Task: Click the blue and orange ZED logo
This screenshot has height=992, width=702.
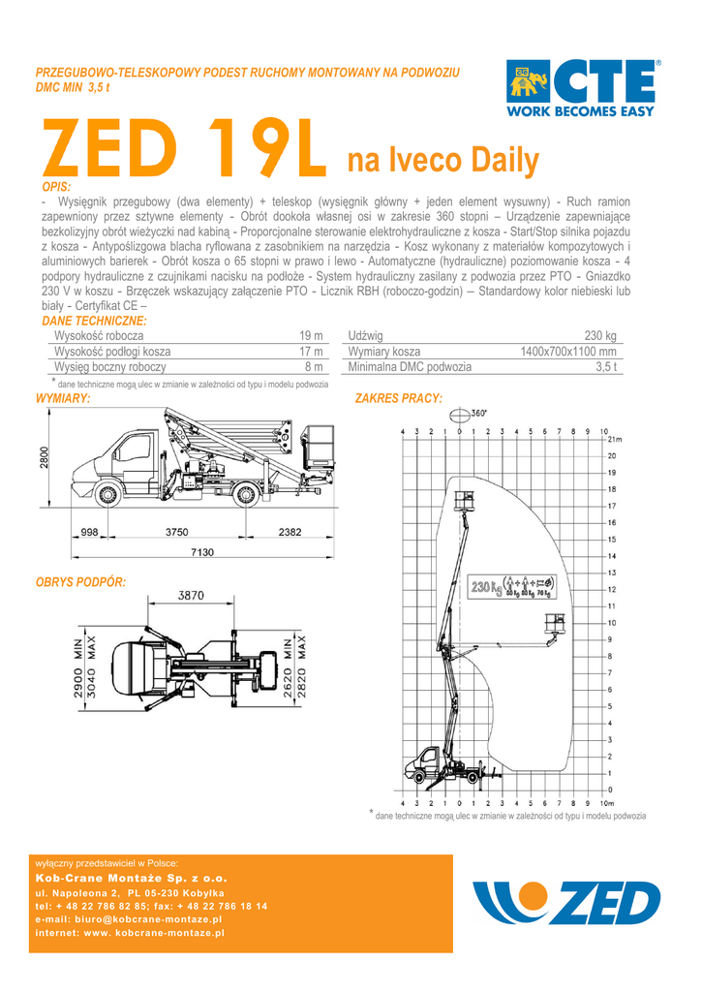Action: pyautogui.click(x=567, y=902)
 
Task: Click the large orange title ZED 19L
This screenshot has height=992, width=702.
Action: pyautogui.click(x=184, y=148)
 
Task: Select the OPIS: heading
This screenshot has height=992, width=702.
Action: pyautogui.click(x=56, y=187)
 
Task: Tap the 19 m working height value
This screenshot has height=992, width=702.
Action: pyautogui.click(x=311, y=335)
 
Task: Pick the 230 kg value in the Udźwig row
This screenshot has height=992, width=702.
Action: pyautogui.click(x=600, y=335)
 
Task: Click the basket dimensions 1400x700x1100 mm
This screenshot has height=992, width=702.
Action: pyautogui.click(x=568, y=351)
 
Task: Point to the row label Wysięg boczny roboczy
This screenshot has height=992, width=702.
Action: pyautogui.click(x=110, y=367)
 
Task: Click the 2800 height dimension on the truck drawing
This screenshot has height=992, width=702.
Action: pyautogui.click(x=44, y=458)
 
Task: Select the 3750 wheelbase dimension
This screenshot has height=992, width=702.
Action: pyautogui.click(x=176, y=532)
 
